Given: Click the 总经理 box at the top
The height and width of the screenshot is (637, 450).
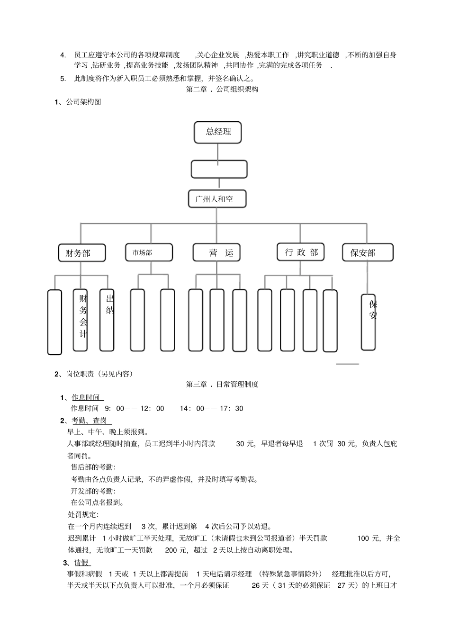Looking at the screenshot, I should (x=218, y=132).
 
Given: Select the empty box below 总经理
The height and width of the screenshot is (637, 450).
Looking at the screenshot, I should (x=219, y=169).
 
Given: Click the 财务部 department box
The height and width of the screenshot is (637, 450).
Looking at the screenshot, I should (x=81, y=253).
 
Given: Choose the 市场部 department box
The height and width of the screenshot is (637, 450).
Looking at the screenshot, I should (x=149, y=252).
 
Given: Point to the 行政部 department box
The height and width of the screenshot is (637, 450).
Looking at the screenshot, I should (x=301, y=252).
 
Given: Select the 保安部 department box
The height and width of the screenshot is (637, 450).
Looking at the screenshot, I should (x=368, y=253).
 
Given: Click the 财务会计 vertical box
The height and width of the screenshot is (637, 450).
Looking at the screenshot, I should (x=81, y=320).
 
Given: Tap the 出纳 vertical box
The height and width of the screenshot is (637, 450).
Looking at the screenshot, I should (x=107, y=320).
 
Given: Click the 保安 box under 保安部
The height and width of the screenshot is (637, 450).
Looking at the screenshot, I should (x=369, y=322).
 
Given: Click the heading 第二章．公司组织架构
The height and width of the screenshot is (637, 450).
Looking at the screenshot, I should (x=222, y=89).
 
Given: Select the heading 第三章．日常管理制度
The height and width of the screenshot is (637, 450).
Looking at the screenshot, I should (x=222, y=384).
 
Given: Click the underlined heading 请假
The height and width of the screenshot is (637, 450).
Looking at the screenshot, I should (x=82, y=563).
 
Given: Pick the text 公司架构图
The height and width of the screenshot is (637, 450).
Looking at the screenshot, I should (x=83, y=101).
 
